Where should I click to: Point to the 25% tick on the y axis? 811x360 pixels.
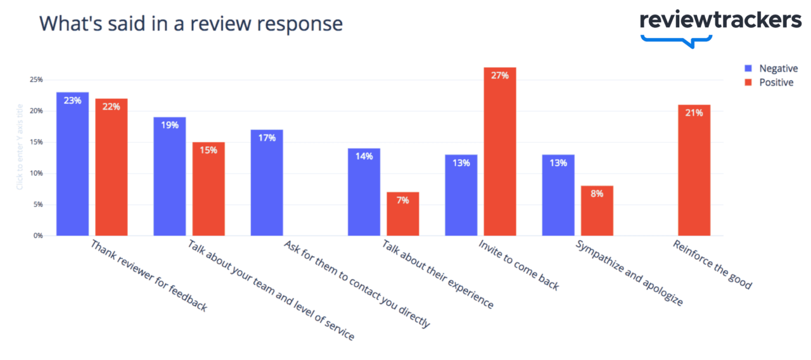point(35,80)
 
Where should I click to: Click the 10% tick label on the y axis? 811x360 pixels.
point(35,174)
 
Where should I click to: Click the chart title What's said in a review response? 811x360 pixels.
point(191,23)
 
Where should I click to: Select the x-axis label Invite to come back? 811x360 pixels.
point(518,265)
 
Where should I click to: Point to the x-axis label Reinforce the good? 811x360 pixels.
point(712,265)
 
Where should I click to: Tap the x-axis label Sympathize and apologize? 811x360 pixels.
point(629,273)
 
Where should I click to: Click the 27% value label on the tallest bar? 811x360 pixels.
point(500,75)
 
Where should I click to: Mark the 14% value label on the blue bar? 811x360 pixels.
point(364,157)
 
